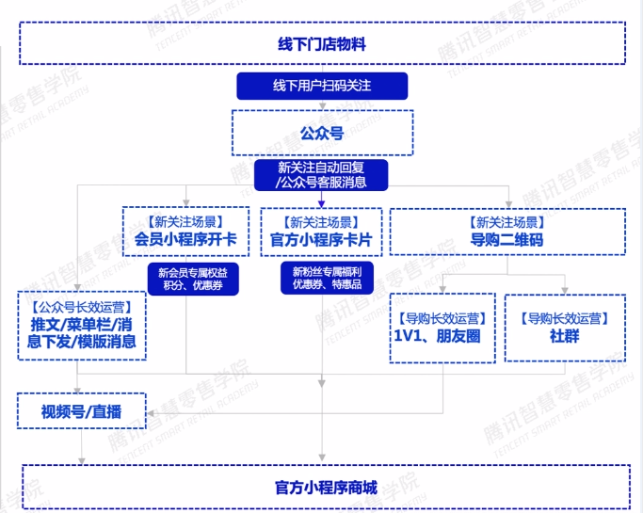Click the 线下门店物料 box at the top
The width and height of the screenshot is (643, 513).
tap(321, 44)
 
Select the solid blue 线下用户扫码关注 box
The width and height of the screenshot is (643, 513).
tap(321, 86)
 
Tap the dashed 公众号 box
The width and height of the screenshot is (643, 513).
tap(321, 133)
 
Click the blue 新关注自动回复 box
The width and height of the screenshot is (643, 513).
tap(321, 175)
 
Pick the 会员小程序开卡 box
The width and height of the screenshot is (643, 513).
tap(185, 232)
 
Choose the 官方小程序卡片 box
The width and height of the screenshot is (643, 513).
tap(321, 232)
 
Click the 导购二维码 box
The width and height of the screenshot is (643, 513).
tap(506, 232)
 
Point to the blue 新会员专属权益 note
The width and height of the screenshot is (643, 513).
tap(192, 278)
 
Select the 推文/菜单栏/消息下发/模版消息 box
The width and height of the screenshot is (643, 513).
tap(81, 325)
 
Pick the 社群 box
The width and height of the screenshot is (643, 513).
tap(564, 327)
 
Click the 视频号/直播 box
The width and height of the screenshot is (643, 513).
tap(81, 410)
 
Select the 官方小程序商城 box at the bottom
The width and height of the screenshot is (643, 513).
tap(325, 488)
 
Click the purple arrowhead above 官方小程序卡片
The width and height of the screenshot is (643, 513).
tap(321, 202)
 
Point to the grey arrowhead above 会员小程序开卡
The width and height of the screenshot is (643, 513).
tap(186, 202)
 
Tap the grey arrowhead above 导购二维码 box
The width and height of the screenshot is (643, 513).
tap(507, 202)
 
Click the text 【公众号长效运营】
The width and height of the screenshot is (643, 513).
tap(81, 307)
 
